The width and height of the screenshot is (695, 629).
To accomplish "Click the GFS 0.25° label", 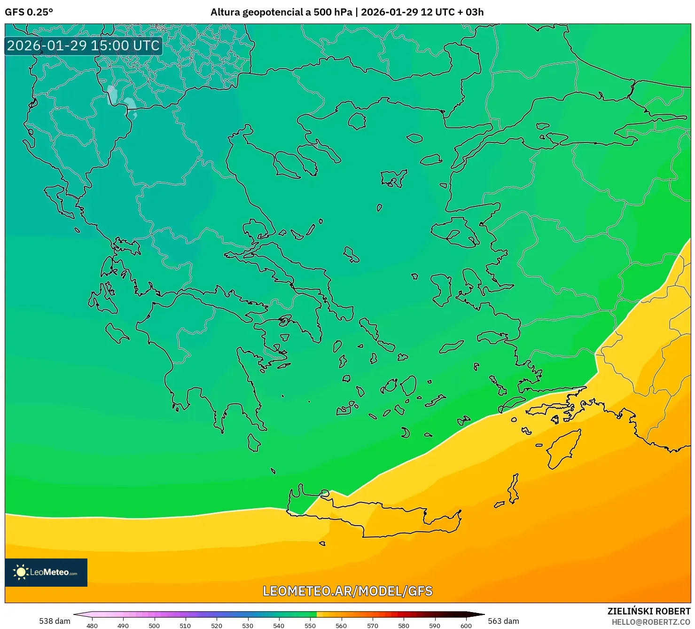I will [29, 12].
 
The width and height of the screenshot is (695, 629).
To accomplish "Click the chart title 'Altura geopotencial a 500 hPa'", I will [281, 12].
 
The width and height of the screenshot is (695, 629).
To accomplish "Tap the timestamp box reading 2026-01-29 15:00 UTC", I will [84, 46].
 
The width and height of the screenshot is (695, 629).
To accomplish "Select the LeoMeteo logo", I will [46, 572].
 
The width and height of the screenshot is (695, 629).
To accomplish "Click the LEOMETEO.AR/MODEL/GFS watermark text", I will [347, 591].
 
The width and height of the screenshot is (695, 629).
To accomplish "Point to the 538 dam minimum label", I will [55, 621].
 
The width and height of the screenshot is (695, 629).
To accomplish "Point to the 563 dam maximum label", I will [503, 621].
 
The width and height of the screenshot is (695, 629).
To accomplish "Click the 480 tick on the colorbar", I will [92, 626].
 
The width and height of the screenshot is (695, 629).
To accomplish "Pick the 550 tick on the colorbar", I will [310, 626].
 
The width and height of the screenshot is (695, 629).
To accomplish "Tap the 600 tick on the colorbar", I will [466, 626].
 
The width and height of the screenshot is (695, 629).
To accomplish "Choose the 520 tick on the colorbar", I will [217, 626].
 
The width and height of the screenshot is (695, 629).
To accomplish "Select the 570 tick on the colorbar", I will [372, 626].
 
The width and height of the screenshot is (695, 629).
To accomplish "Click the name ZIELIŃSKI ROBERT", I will [648, 611].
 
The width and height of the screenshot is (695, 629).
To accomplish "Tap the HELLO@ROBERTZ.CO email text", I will [651, 622].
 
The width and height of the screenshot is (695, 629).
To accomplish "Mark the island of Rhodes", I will [563, 448].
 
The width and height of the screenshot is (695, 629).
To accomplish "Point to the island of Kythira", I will [254, 443].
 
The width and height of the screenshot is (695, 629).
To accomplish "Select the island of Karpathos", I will [514, 489].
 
